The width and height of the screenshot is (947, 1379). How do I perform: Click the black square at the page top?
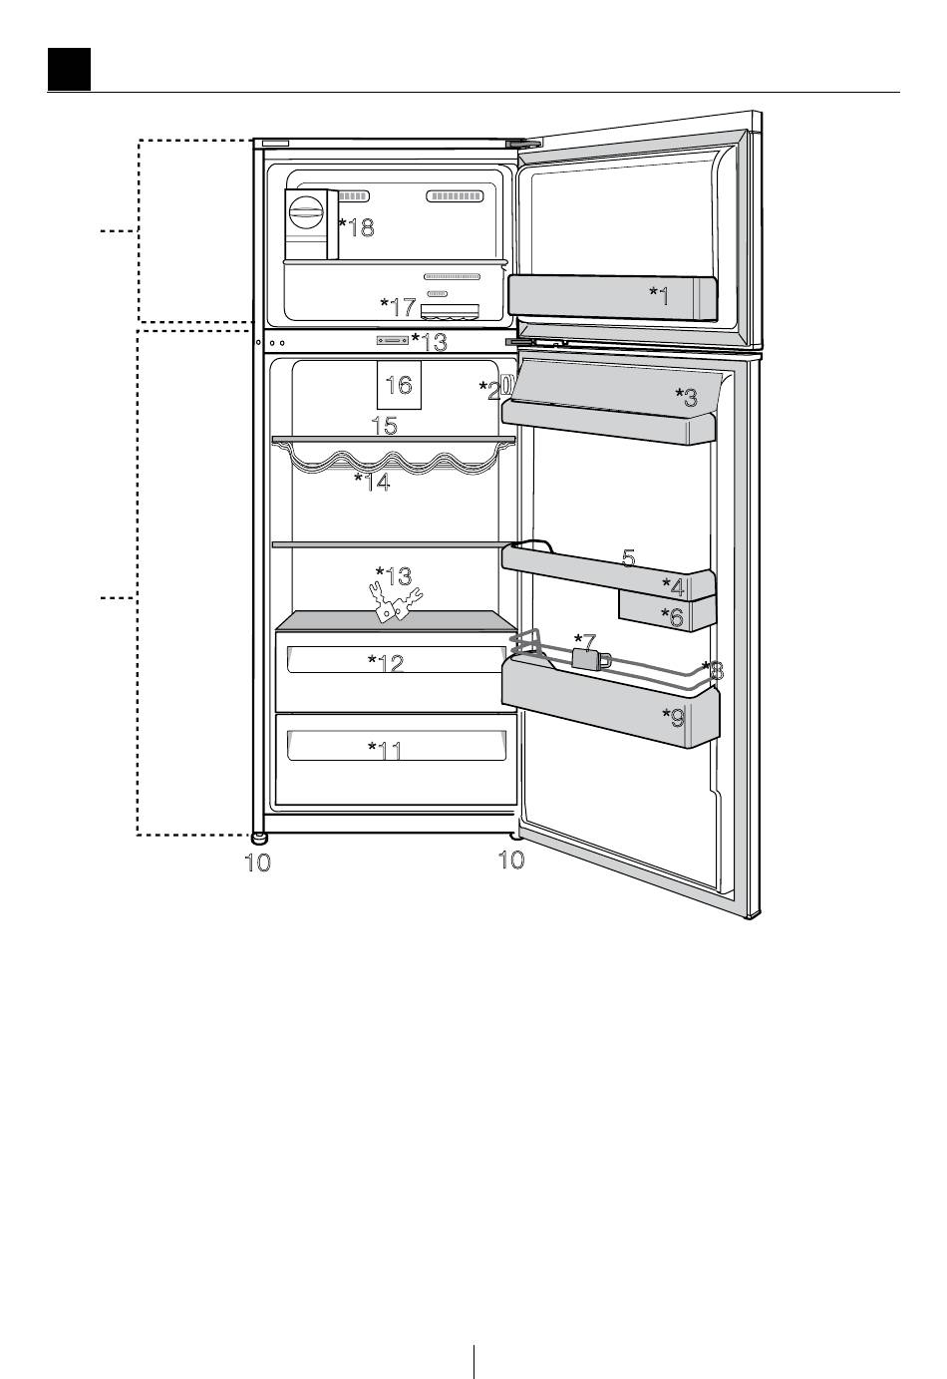click(x=69, y=69)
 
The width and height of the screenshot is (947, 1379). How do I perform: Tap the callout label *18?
click(x=356, y=227)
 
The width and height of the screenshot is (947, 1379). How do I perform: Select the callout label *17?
click(x=398, y=306)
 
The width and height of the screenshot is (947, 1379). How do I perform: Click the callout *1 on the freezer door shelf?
click(x=659, y=295)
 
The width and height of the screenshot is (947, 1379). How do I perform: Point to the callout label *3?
click(x=686, y=397)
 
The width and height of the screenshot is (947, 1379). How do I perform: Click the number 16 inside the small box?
click(x=399, y=385)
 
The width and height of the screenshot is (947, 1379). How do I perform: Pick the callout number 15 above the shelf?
click(x=385, y=426)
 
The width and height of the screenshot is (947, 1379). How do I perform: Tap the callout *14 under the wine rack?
click(x=372, y=482)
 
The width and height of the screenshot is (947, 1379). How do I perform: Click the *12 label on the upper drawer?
click(x=386, y=663)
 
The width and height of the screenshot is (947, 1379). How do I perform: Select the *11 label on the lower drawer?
click(x=385, y=751)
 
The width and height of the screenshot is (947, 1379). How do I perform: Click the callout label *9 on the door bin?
click(x=673, y=717)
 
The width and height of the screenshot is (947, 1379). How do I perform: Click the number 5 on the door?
click(x=628, y=558)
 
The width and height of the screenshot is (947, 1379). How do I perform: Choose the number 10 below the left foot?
click(x=258, y=862)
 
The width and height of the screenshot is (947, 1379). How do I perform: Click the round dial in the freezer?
click(x=306, y=212)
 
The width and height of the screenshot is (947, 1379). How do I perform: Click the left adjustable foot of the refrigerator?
click(x=259, y=838)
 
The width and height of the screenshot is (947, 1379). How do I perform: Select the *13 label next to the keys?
click(x=394, y=576)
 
